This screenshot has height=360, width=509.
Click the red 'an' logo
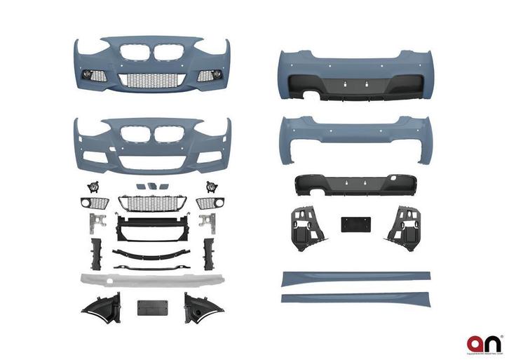pyautogui.click(x=484, y=343)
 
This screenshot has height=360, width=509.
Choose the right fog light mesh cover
pyautogui.click(x=208, y=204)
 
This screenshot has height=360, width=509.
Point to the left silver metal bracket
pyautogui.click(x=94, y=222)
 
